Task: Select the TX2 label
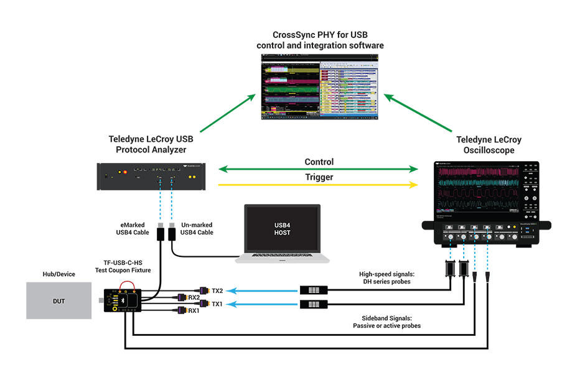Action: coord(217,290)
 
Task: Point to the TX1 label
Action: coord(217,304)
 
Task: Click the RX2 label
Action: coord(194,297)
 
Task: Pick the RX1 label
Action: coord(194,311)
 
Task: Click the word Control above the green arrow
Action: coord(319,162)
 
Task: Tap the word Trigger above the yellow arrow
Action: coord(319,177)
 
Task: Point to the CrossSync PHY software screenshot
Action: coord(319,88)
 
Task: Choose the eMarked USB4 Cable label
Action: coord(131,228)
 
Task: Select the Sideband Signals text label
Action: coord(386,321)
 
